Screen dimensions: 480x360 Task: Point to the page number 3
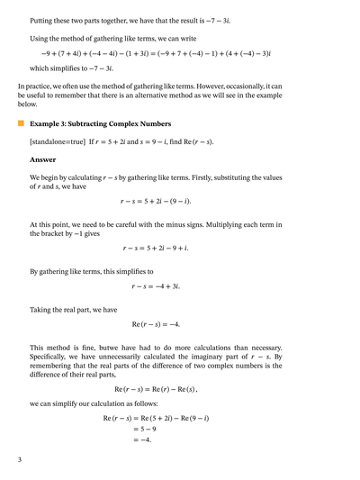(19, 459)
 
